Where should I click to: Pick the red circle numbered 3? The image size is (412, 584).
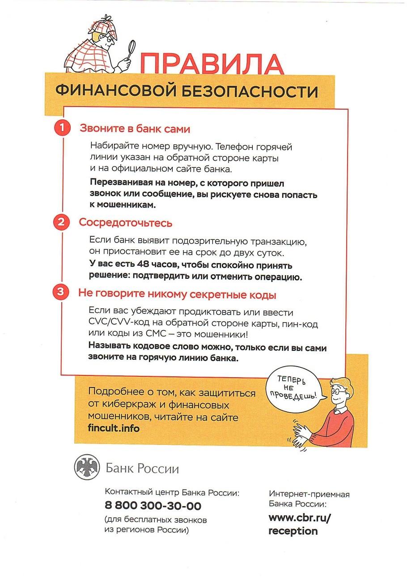[61, 293]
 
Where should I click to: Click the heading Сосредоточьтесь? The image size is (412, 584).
[126, 222]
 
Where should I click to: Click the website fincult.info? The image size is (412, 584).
[114, 428]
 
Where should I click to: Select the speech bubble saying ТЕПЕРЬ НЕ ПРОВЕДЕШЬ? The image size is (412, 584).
[293, 387]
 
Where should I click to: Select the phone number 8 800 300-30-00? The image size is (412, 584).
[153, 506]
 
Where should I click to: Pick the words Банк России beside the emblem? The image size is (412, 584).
[142, 469]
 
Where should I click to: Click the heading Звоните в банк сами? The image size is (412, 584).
[135, 129]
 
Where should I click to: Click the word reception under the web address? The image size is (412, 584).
[293, 531]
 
